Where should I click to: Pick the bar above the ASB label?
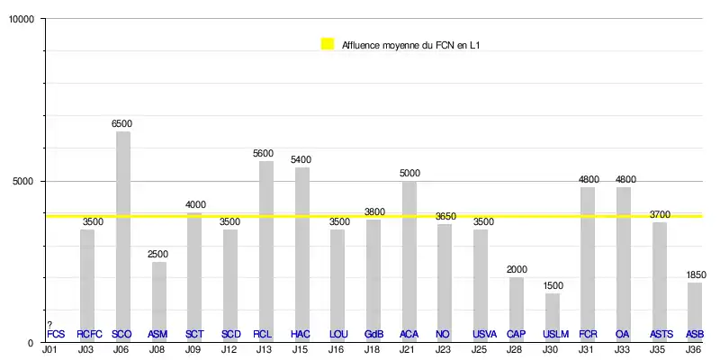(x=695, y=310)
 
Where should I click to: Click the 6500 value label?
(x=121, y=124)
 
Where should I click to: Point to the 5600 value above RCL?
(x=264, y=154)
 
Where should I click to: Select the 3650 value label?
(x=445, y=217)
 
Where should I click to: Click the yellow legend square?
(x=328, y=44)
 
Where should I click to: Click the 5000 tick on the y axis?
(x=22, y=181)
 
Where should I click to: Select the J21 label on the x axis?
(x=408, y=348)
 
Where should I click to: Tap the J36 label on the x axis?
(x=694, y=348)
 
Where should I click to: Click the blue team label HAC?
(x=301, y=335)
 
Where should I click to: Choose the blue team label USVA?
(x=484, y=335)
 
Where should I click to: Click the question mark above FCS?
(x=50, y=325)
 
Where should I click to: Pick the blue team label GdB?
(x=374, y=335)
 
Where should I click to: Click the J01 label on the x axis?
(x=49, y=348)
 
